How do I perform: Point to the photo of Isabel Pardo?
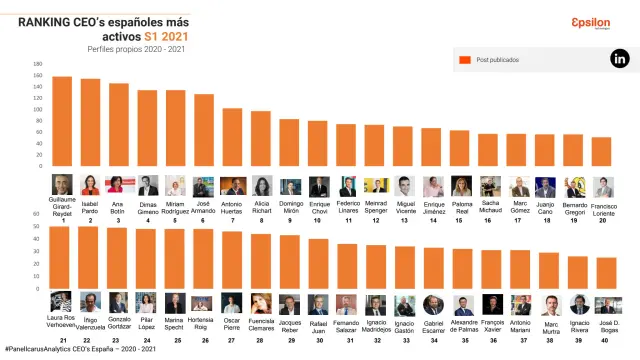pyautogui.click(x=90, y=185)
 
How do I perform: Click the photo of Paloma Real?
pyautogui.click(x=461, y=186)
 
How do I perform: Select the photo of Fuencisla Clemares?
pyautogui.click(x=261, y=304)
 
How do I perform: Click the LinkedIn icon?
pyautogui.click(x=620, y=60)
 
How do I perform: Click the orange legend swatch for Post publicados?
pyautogui.click(x=464, y=60)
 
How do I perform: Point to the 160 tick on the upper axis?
pyautogui.click(x=38, y=64)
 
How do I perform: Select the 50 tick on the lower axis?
pyautogui.click(x=38, y=213)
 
